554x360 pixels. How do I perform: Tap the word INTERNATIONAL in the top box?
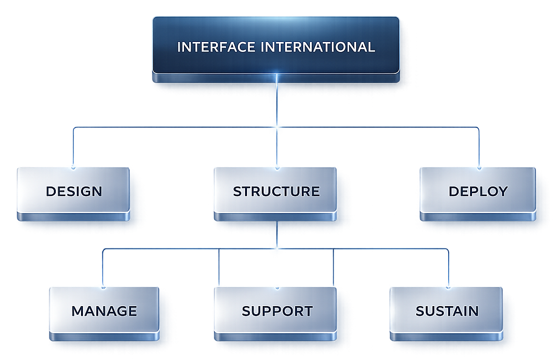point(318,47)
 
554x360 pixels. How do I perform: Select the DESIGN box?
point(73,191)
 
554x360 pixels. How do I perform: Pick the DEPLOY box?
point(478,191)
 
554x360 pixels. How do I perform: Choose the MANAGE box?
point(104,311)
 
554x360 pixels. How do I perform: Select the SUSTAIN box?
point(446,311)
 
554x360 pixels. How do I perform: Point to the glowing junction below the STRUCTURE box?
point(277,248)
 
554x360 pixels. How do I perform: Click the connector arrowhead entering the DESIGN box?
point(73,167)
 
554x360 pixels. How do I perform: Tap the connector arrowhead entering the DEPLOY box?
point(479,167)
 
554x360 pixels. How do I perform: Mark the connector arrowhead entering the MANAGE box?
point(103,287)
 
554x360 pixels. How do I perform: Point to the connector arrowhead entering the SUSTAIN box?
point(449,287)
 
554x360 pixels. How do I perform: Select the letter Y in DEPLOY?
point(503,191)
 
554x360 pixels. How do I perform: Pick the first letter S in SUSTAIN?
point(421,311)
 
